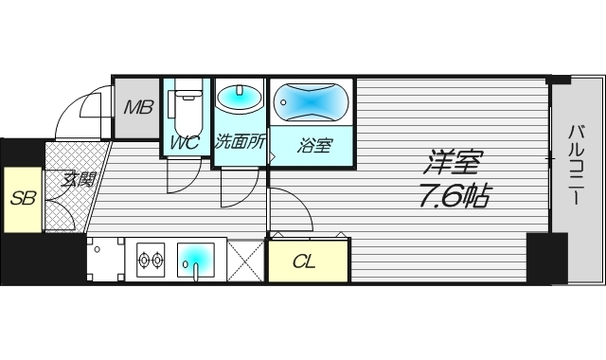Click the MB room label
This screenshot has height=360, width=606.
pos(138,106)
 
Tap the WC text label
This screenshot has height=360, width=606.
pos(185,144)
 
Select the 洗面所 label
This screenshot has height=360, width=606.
pos(241,144)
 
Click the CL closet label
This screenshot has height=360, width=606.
pos(305,261)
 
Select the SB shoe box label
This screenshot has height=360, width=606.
pos(22,199)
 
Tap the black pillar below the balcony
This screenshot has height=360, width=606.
pos(546,257)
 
